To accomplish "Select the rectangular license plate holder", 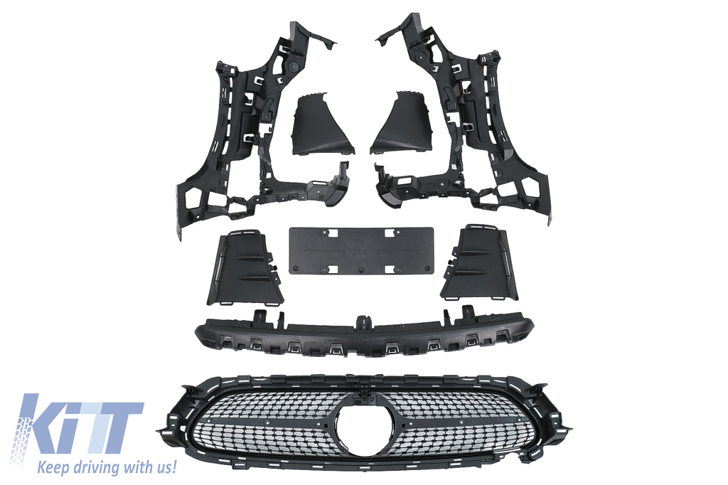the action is tap(361, 250).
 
